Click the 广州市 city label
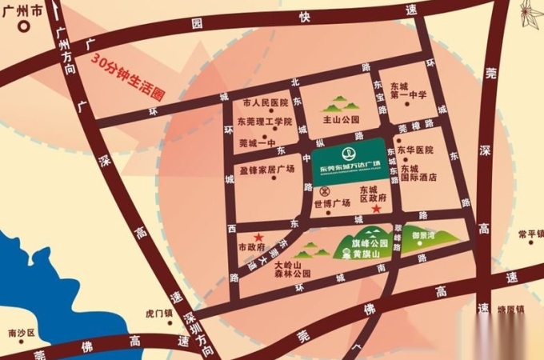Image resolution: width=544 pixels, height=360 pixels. coord(21,10)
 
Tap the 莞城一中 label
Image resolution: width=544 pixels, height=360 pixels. coord(256,144)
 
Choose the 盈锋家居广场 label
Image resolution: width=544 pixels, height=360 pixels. coord(266,169)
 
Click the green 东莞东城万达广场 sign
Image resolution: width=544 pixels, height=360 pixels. coord(350,161)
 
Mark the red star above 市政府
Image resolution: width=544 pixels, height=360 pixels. coord(258,238)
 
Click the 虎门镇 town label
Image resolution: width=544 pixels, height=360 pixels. coord(160,314)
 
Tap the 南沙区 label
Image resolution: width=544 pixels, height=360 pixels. coord(18,332)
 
